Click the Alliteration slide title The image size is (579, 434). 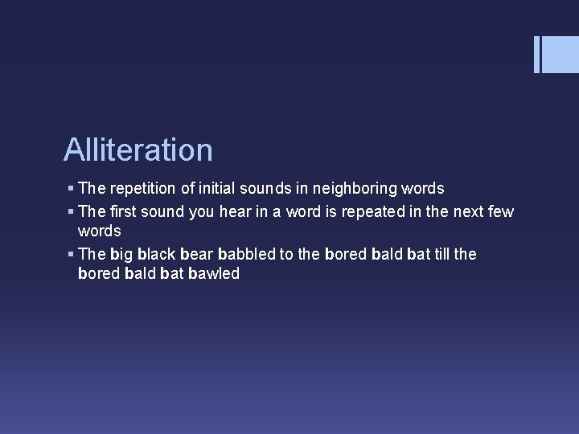click(x=138, y=149)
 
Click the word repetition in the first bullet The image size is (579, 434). click(x=141, y=189)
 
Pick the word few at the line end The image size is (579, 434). click(x=499, y=211)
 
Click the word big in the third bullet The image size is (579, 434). click(x=121, y=255)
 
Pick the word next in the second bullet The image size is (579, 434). click(x=465, y=211)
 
